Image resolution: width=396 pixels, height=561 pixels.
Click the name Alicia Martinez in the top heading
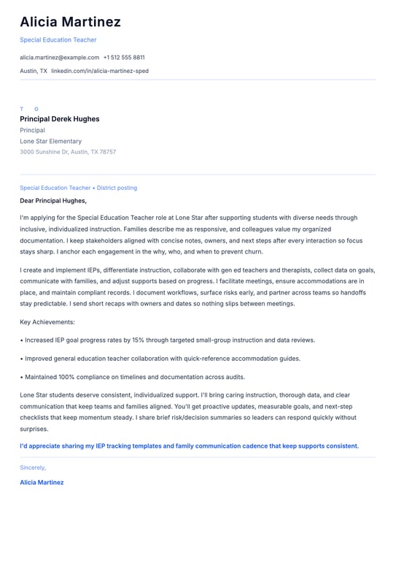(x=70, y=22)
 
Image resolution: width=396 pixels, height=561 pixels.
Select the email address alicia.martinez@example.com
(x=59, y=57)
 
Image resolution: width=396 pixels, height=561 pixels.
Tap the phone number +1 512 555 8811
(x=124, y=57)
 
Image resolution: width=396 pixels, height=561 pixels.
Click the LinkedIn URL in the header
(x=100, y=71)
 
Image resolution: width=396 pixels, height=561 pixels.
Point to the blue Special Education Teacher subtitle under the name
(x=58, y=39)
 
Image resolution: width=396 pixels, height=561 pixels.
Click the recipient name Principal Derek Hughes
(x=60, y=119)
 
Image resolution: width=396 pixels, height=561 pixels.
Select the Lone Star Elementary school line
(x=50, y=141)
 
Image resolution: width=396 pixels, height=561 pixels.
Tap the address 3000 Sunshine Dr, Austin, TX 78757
(x=68, y=152)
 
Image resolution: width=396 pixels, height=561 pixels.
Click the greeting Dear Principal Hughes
(x=53, y=200)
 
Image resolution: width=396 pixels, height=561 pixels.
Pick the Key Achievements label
(x=47, y=321)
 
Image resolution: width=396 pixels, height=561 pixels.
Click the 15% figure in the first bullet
(x=138, y=340)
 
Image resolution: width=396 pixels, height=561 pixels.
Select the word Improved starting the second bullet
(x=39, y=359)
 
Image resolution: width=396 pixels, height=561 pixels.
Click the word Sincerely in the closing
(x=33, y=467)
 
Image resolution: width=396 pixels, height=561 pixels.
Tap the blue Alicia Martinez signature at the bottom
(x=42, y=482)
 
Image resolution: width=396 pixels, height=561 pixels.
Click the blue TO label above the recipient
(x=29, y=109)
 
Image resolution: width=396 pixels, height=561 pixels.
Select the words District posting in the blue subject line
(x=117, y=188)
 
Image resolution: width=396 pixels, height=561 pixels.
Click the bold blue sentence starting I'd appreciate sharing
(x=189, y=446)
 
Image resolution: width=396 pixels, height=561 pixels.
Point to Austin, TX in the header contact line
(x=34, y=71)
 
